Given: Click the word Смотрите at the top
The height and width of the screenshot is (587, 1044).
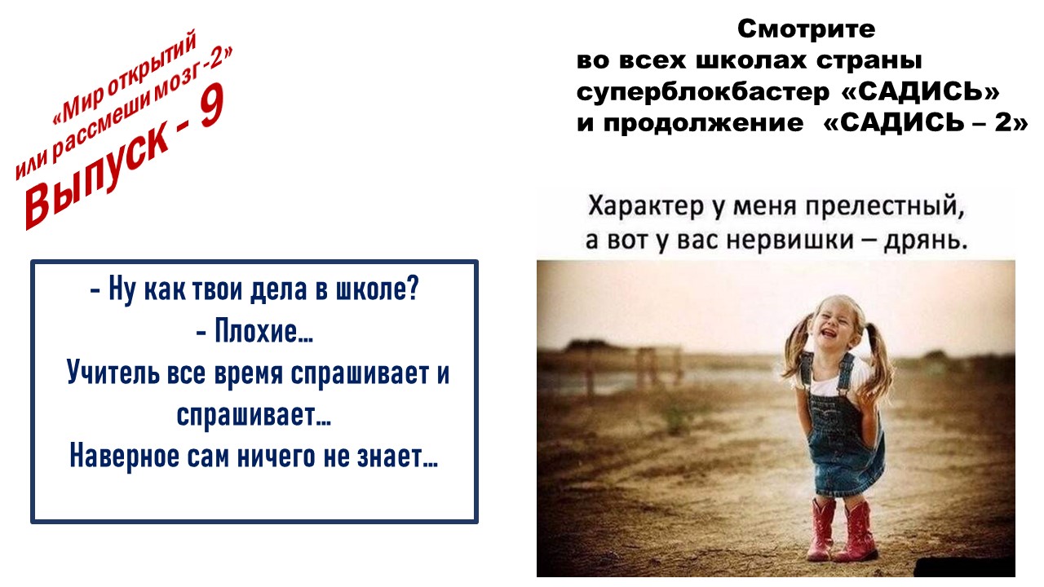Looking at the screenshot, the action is coord(806,29).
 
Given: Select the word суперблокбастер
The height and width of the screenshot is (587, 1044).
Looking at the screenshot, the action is coord(703,92).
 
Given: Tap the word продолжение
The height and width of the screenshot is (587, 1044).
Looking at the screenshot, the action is coord(703,123).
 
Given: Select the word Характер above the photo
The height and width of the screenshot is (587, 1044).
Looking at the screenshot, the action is coord(645,206).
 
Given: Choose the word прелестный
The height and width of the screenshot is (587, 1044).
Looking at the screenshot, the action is coord(885,206).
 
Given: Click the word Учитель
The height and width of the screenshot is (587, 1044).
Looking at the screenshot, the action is coord(113,373).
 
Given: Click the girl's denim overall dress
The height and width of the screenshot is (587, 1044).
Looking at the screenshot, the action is coord(843,433).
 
